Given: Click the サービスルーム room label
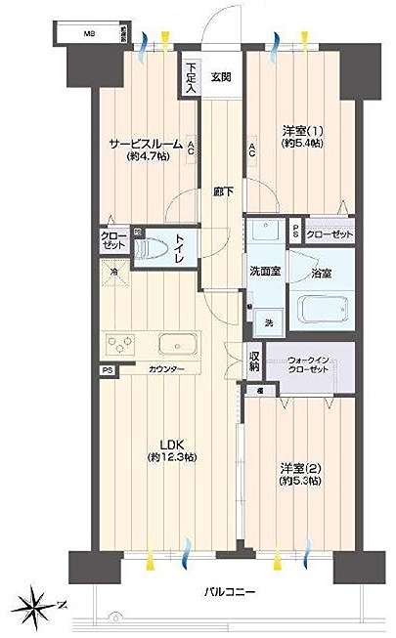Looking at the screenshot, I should pyautogui.click(x=145, y=144).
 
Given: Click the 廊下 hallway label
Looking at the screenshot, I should pyautogui.click(x=223, y=192).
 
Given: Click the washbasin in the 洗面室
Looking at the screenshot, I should pyautogui.click(x=262, y=234).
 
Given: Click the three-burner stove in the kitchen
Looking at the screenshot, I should pyautogui.click(x=122, y=345).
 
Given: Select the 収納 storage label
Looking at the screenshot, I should pyautogui.click(x=254, y=361).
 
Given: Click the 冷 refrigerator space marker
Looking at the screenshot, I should pyautogui.click(x=115, y=271).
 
